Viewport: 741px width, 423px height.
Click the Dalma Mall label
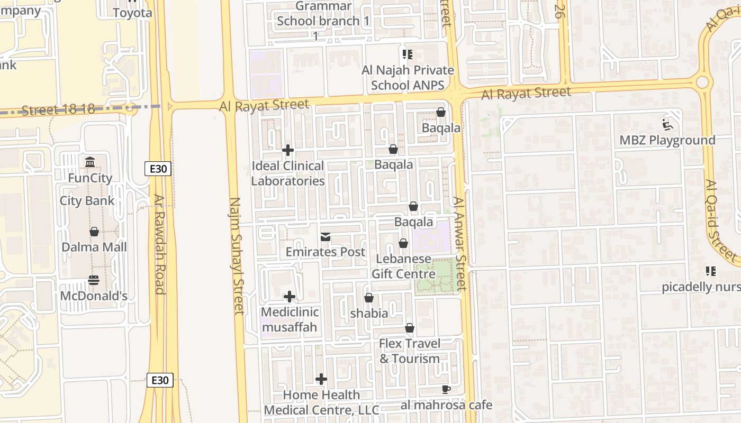(94, 247)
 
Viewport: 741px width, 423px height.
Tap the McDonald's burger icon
(94, 280)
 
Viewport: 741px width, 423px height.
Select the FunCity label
(90, 178)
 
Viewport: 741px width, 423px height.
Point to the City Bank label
(87, 200)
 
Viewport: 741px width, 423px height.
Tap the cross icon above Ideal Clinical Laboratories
(288, 150)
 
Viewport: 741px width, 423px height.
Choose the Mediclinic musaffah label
(289, 319)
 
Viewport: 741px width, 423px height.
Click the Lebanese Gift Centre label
(403, 266)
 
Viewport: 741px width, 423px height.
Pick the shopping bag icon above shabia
(369, 298)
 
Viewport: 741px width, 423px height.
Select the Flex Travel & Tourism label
(409, 351)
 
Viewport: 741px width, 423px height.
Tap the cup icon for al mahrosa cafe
(446, 390)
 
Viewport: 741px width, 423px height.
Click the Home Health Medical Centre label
(321, 402)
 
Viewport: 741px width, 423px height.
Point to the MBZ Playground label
(667, 140)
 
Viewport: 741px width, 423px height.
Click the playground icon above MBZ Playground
(667, 125)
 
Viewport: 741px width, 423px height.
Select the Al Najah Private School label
(408, 77)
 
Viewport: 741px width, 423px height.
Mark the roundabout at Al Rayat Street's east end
(702, 82)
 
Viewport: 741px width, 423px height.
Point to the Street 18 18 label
(58, 109)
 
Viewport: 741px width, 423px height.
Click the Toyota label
(132, 13)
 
